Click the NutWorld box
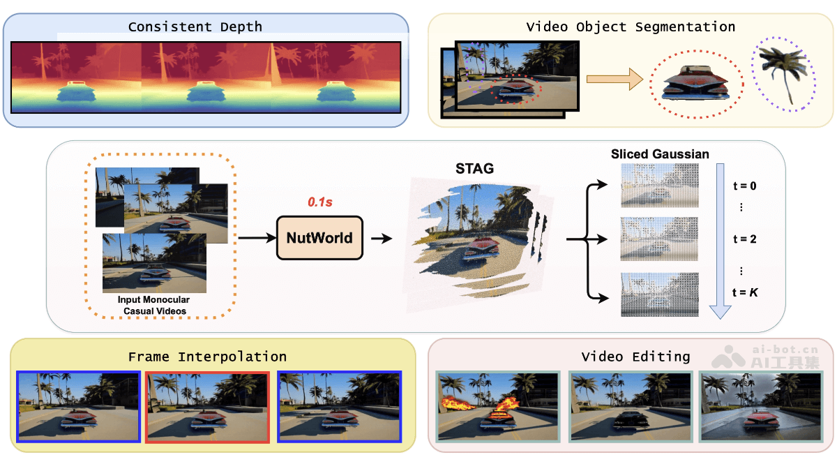[320, 238]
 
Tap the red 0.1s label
[319, 202]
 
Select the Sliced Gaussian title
[660, 154]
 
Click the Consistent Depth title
[195, 27]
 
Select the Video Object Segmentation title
[630, 27]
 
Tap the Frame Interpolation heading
[207, 357]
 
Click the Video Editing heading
[635, 357]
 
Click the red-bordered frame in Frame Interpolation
[207, 407]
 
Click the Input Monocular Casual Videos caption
[153, 304]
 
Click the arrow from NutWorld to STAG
[381, 239]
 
